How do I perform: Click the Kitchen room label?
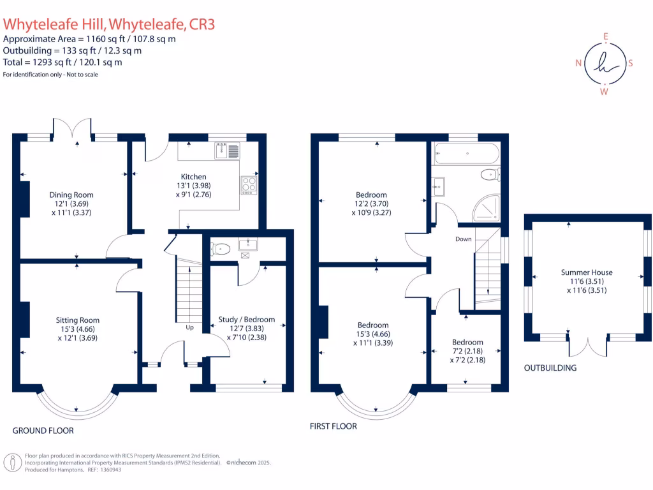(193, 177)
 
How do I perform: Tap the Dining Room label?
(71, 195)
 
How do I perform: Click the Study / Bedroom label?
(246, 320)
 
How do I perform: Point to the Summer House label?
(585, 272)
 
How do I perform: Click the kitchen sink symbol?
(226, 151)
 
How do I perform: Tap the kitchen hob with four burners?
(248, 184)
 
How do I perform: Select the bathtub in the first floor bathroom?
(466, 153)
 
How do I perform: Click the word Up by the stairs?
(190, 327)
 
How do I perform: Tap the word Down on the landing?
(463, 239)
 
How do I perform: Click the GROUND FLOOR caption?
(43, 431)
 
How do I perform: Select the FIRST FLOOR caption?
(333, 426)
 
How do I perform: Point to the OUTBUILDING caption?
(550, 367)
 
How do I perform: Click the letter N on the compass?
(578, 63)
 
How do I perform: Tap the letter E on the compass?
(605, 36)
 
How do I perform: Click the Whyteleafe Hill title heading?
(109, 24)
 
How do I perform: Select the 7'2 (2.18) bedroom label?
(467, 343)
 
